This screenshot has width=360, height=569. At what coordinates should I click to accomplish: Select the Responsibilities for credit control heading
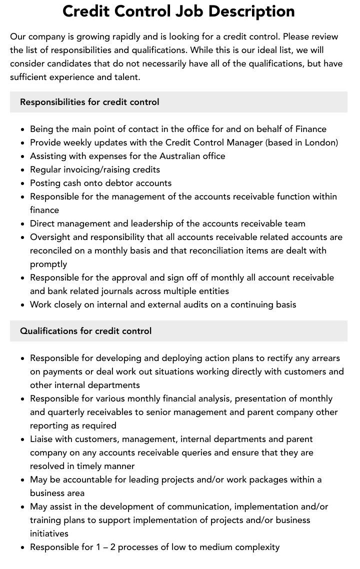[x=89, y=102]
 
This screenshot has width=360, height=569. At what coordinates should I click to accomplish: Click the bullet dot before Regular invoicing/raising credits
[x=23, y=170]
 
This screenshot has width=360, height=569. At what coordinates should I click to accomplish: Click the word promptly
[x=48, y=264]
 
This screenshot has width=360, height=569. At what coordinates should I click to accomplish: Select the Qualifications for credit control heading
[x=85, y=331]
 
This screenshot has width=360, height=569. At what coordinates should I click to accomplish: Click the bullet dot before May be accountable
[x=23, y=480]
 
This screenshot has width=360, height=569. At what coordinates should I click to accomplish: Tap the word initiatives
[x=49, y=533]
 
